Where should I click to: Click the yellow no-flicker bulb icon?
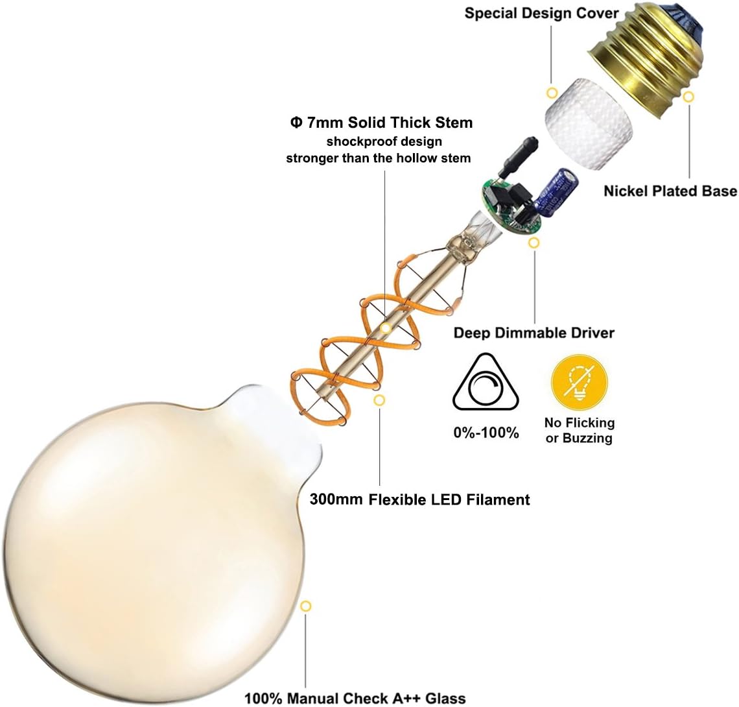coord(580,382)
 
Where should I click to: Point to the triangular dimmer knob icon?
coord(486,382)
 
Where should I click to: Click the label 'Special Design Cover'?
coord(541,13)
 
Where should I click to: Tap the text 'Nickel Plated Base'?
coord(670,191)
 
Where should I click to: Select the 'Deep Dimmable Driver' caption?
coord(534,333)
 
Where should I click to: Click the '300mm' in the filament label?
coord(336,499)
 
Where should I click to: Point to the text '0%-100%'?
coord(486,433)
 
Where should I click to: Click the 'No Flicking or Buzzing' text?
coord(580,430)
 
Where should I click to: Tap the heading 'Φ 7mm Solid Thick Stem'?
coord(381,123)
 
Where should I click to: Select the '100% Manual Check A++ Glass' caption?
coord(355,698)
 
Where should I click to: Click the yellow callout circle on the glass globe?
coord(306,606)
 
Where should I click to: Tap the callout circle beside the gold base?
coord(688,97)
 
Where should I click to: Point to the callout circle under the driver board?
coord(534,243)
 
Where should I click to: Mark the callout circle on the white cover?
coord(552,93)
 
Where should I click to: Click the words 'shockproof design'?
coord(384,141)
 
